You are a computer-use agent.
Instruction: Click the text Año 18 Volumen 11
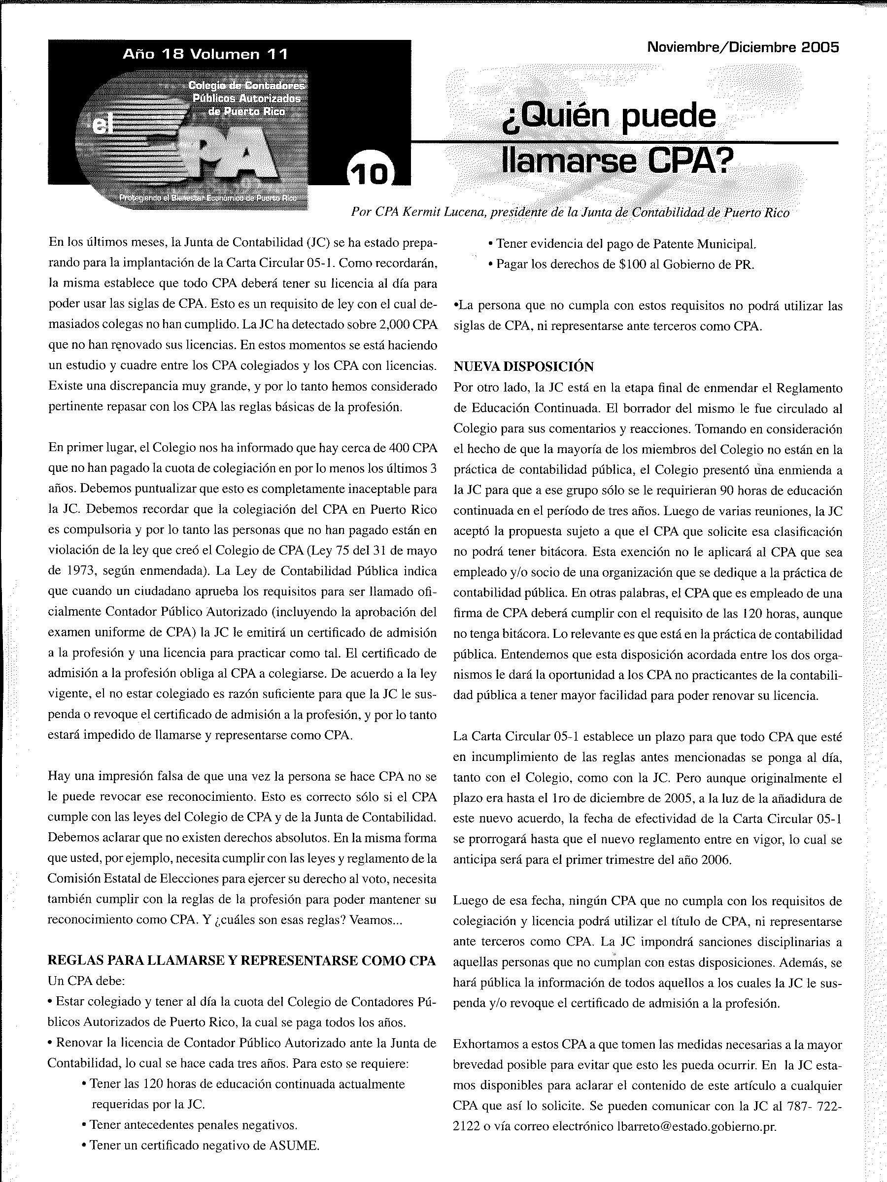tap(205, 55)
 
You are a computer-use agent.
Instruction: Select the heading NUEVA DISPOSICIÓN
tap(523, 366)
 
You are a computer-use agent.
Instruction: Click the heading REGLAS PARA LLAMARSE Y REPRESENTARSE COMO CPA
tap(241, 960)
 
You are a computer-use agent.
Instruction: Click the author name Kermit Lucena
tap(440, 213)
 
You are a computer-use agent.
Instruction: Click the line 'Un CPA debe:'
tap(86, 981)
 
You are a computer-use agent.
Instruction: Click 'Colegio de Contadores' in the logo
tap(246, 86)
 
